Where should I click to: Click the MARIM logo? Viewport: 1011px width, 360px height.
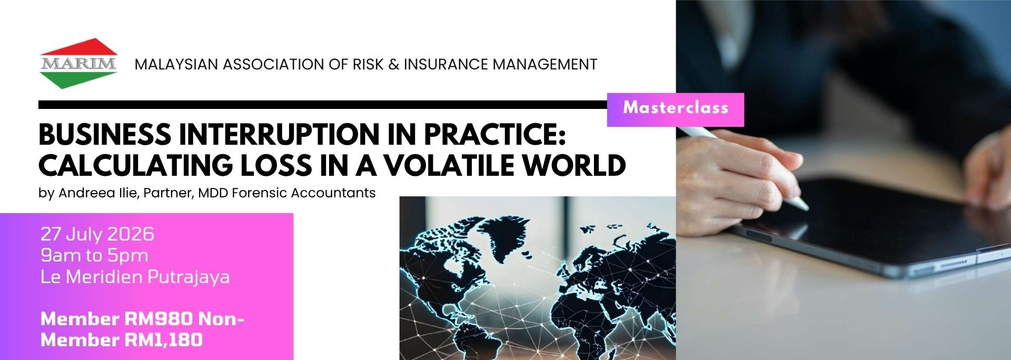coord(78,64)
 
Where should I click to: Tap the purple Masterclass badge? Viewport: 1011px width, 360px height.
coord(676,109)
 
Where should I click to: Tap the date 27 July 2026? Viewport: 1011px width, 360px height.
coord(97,234)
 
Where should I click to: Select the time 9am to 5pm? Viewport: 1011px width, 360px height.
coord(94,255)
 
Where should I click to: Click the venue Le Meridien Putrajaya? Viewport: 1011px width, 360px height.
coord(135,277)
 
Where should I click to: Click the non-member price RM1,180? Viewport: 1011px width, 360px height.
coord(163,339)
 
